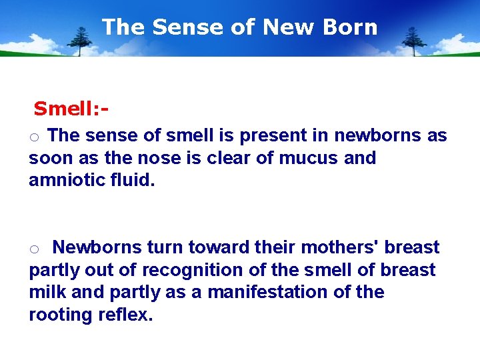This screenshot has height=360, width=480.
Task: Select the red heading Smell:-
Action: pyautogui.click(x=71, y=108)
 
